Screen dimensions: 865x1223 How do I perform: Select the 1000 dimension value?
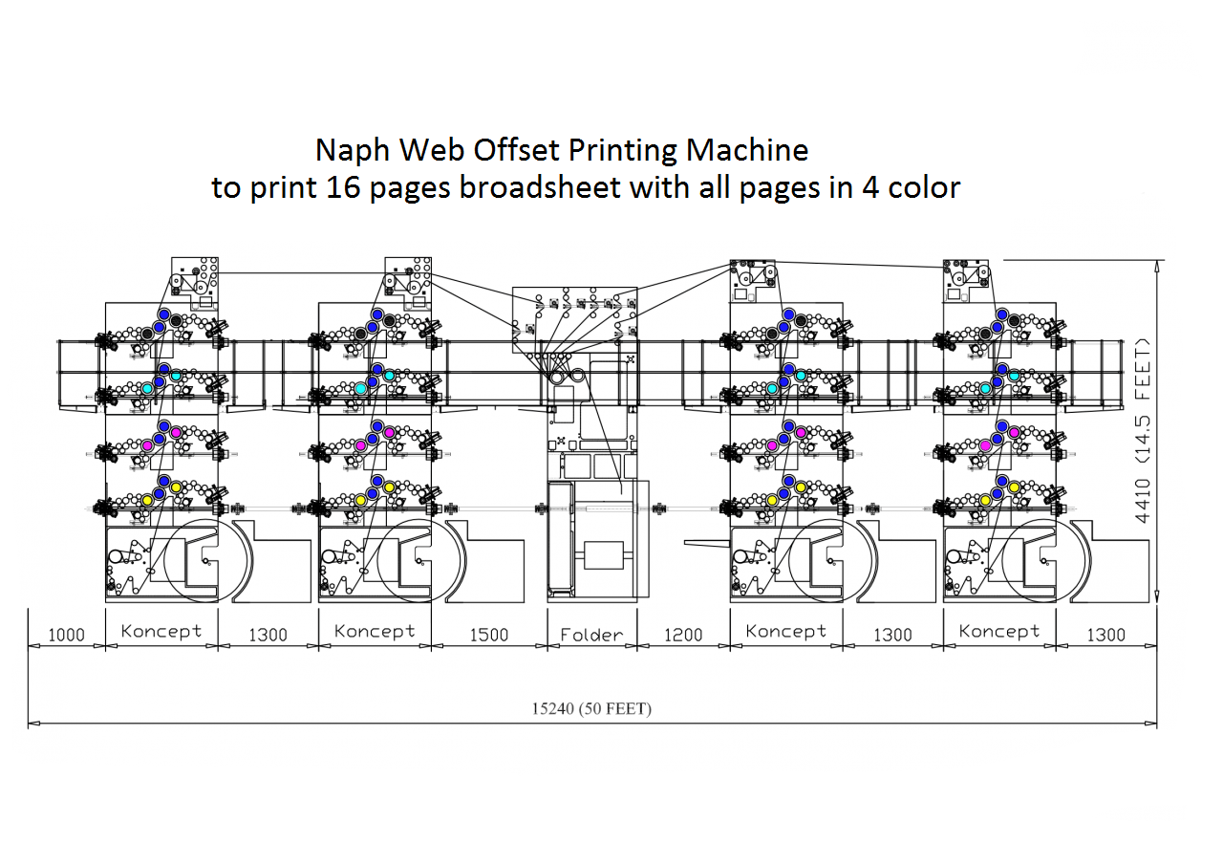point(66,635)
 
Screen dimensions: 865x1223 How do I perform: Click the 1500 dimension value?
point(488,635)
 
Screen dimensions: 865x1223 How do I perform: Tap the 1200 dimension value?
point(682,635)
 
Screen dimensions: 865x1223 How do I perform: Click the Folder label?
point(591,634)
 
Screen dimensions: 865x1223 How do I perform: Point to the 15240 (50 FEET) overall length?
point(592,709)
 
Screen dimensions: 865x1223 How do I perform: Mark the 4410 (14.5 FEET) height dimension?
point(1143,430)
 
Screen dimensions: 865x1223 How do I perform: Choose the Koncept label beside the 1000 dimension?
point(161,631)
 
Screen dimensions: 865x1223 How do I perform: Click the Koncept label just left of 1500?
point(375,631)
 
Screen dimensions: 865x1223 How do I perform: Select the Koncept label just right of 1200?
point(785,631)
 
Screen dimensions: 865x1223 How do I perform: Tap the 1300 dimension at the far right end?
point(1106,635)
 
